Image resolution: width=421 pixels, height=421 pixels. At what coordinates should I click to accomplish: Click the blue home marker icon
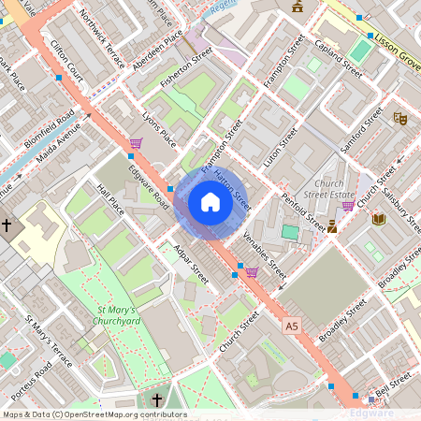210,202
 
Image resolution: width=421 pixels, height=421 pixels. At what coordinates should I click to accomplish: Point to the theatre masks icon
399,119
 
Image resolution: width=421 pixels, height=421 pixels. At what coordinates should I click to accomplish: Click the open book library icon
378,219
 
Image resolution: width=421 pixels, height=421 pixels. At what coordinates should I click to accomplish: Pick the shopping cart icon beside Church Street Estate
348,206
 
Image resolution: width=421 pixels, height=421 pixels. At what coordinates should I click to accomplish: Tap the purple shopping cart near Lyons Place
137,143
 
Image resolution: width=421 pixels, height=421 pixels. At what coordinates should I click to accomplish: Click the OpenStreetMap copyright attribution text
94,414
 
